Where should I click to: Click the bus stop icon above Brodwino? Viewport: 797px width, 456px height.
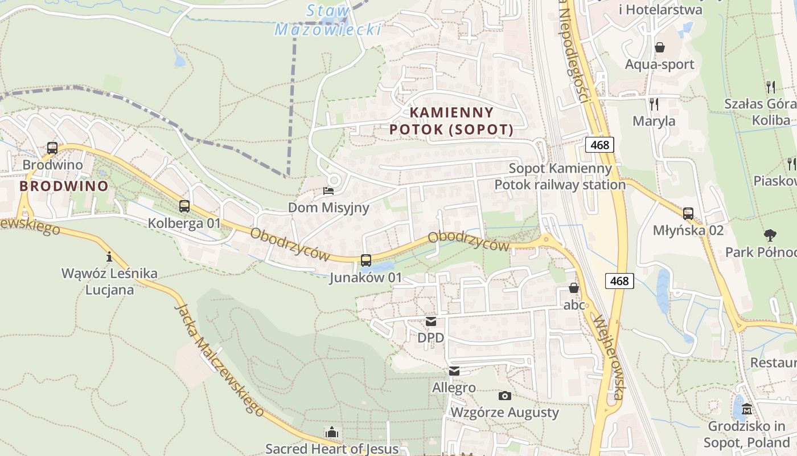(52, 148)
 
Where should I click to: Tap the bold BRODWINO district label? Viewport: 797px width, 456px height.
(64, 186)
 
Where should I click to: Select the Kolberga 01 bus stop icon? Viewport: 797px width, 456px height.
(184, 206)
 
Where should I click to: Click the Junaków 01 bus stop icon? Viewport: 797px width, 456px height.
(366, 260)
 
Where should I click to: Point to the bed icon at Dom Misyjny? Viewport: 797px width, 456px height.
(328, 191)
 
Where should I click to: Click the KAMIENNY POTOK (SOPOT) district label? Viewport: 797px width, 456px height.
(451, 120)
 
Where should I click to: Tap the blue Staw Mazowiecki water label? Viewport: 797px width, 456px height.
(328, 20)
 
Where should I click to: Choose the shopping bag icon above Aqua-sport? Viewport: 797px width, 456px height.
(660, 47)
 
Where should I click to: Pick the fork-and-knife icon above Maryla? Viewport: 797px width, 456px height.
(654, 104)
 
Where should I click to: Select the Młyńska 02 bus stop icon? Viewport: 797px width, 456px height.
(688, 214)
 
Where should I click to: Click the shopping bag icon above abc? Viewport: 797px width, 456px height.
(574, 288)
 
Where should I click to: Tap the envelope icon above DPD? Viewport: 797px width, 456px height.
(431, 321)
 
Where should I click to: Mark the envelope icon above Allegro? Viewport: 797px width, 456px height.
(454, 371)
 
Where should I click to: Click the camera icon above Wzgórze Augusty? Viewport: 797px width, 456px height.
(504, 396)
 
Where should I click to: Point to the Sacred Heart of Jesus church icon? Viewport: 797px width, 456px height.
(332, 432)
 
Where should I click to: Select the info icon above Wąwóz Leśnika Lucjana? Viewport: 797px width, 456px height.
(109, 256)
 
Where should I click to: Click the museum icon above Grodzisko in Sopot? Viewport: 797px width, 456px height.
(747, 409)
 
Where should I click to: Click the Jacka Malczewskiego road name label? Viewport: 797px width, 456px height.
(219, 359)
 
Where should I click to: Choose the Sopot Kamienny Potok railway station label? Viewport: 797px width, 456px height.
(560, 177)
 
